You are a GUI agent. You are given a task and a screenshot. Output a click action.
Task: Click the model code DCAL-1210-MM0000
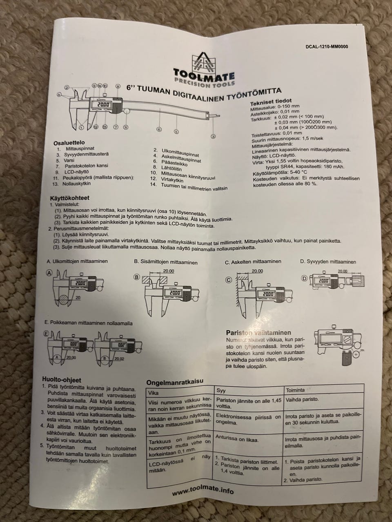pyautogui.click(x=327, y=46)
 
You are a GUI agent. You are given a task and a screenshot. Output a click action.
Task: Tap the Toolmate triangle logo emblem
pyautogui.click(x=203, y=63)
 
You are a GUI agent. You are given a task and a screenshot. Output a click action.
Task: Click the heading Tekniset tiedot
pyautogui.click(x=271, y=102)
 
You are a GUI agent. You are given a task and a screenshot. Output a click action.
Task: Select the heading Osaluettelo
pyautogui.click(x=69, y=143)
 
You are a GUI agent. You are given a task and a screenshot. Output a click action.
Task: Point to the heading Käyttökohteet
pyautogui.click(x=70, y=198)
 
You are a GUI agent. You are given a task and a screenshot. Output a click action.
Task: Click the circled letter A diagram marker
pyautogui.click(x=49, y=273)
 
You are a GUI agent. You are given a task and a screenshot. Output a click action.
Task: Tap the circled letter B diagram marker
pyautogui.click(x=137, y=277)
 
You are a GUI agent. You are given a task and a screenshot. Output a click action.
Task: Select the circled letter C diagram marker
pyautogui.click(x=228, y=280)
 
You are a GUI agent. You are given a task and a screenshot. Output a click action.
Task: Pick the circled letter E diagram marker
pyautogui.click(x=46, y=334)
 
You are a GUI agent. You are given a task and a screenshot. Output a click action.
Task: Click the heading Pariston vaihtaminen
pyautogui.click(x=258, y=332)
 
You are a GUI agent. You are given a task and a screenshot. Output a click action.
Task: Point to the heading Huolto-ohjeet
pyautogui.click(x=62, y=380)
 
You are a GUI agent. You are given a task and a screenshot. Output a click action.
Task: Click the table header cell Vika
pyautogui.click(x=154, y=393)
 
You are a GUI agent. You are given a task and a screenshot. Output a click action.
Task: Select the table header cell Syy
pyautogui.click(x=221, y=391)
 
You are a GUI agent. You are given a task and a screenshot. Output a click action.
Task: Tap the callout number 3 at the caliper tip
pyautogui.click(x=214, y=136)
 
